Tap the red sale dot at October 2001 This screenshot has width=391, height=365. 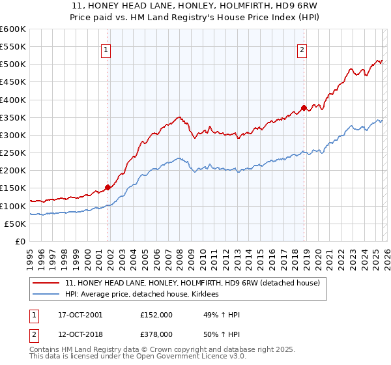(x=108, y=187)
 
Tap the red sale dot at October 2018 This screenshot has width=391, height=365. (x=304, y=108)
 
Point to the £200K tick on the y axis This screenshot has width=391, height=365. (x=13, y=171)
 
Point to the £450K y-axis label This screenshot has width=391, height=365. (x=13, y=82)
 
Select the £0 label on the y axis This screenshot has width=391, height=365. (x=20, y=241)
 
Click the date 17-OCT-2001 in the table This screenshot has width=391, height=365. (x=80, y=315)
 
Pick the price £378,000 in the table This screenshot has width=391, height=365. (x=156, y=334)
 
